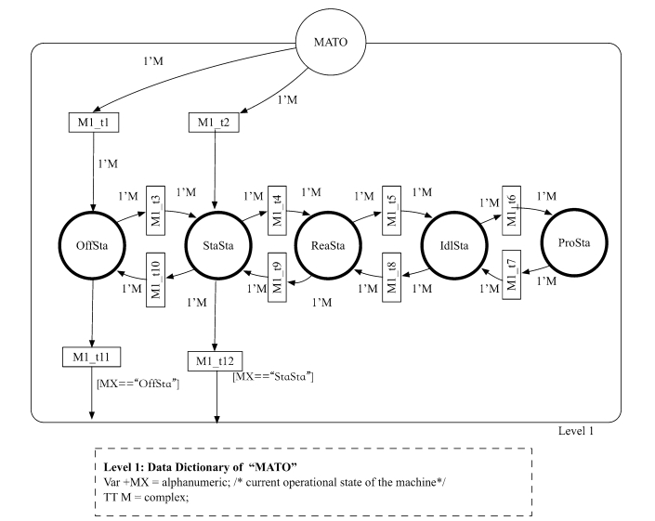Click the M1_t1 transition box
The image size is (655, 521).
pos(94,123)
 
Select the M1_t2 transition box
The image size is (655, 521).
pos(214,123)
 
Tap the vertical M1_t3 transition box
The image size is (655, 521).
pos(155,211)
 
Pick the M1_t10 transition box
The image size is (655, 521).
pos(155,280)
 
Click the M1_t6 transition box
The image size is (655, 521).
pos(511,211)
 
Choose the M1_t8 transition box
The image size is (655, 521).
pos(391,277)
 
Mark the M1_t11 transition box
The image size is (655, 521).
pos(91,357)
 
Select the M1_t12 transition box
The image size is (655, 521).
pos(215,361)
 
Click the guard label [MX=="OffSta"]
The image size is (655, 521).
pos(138,384)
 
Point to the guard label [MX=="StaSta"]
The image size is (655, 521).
pos(273,376)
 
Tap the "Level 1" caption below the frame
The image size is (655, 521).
pos(576,431)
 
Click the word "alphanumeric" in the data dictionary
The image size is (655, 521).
pos(195,482)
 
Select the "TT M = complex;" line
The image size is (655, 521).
pos(146,497)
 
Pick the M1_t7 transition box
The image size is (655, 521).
pos(511,275)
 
